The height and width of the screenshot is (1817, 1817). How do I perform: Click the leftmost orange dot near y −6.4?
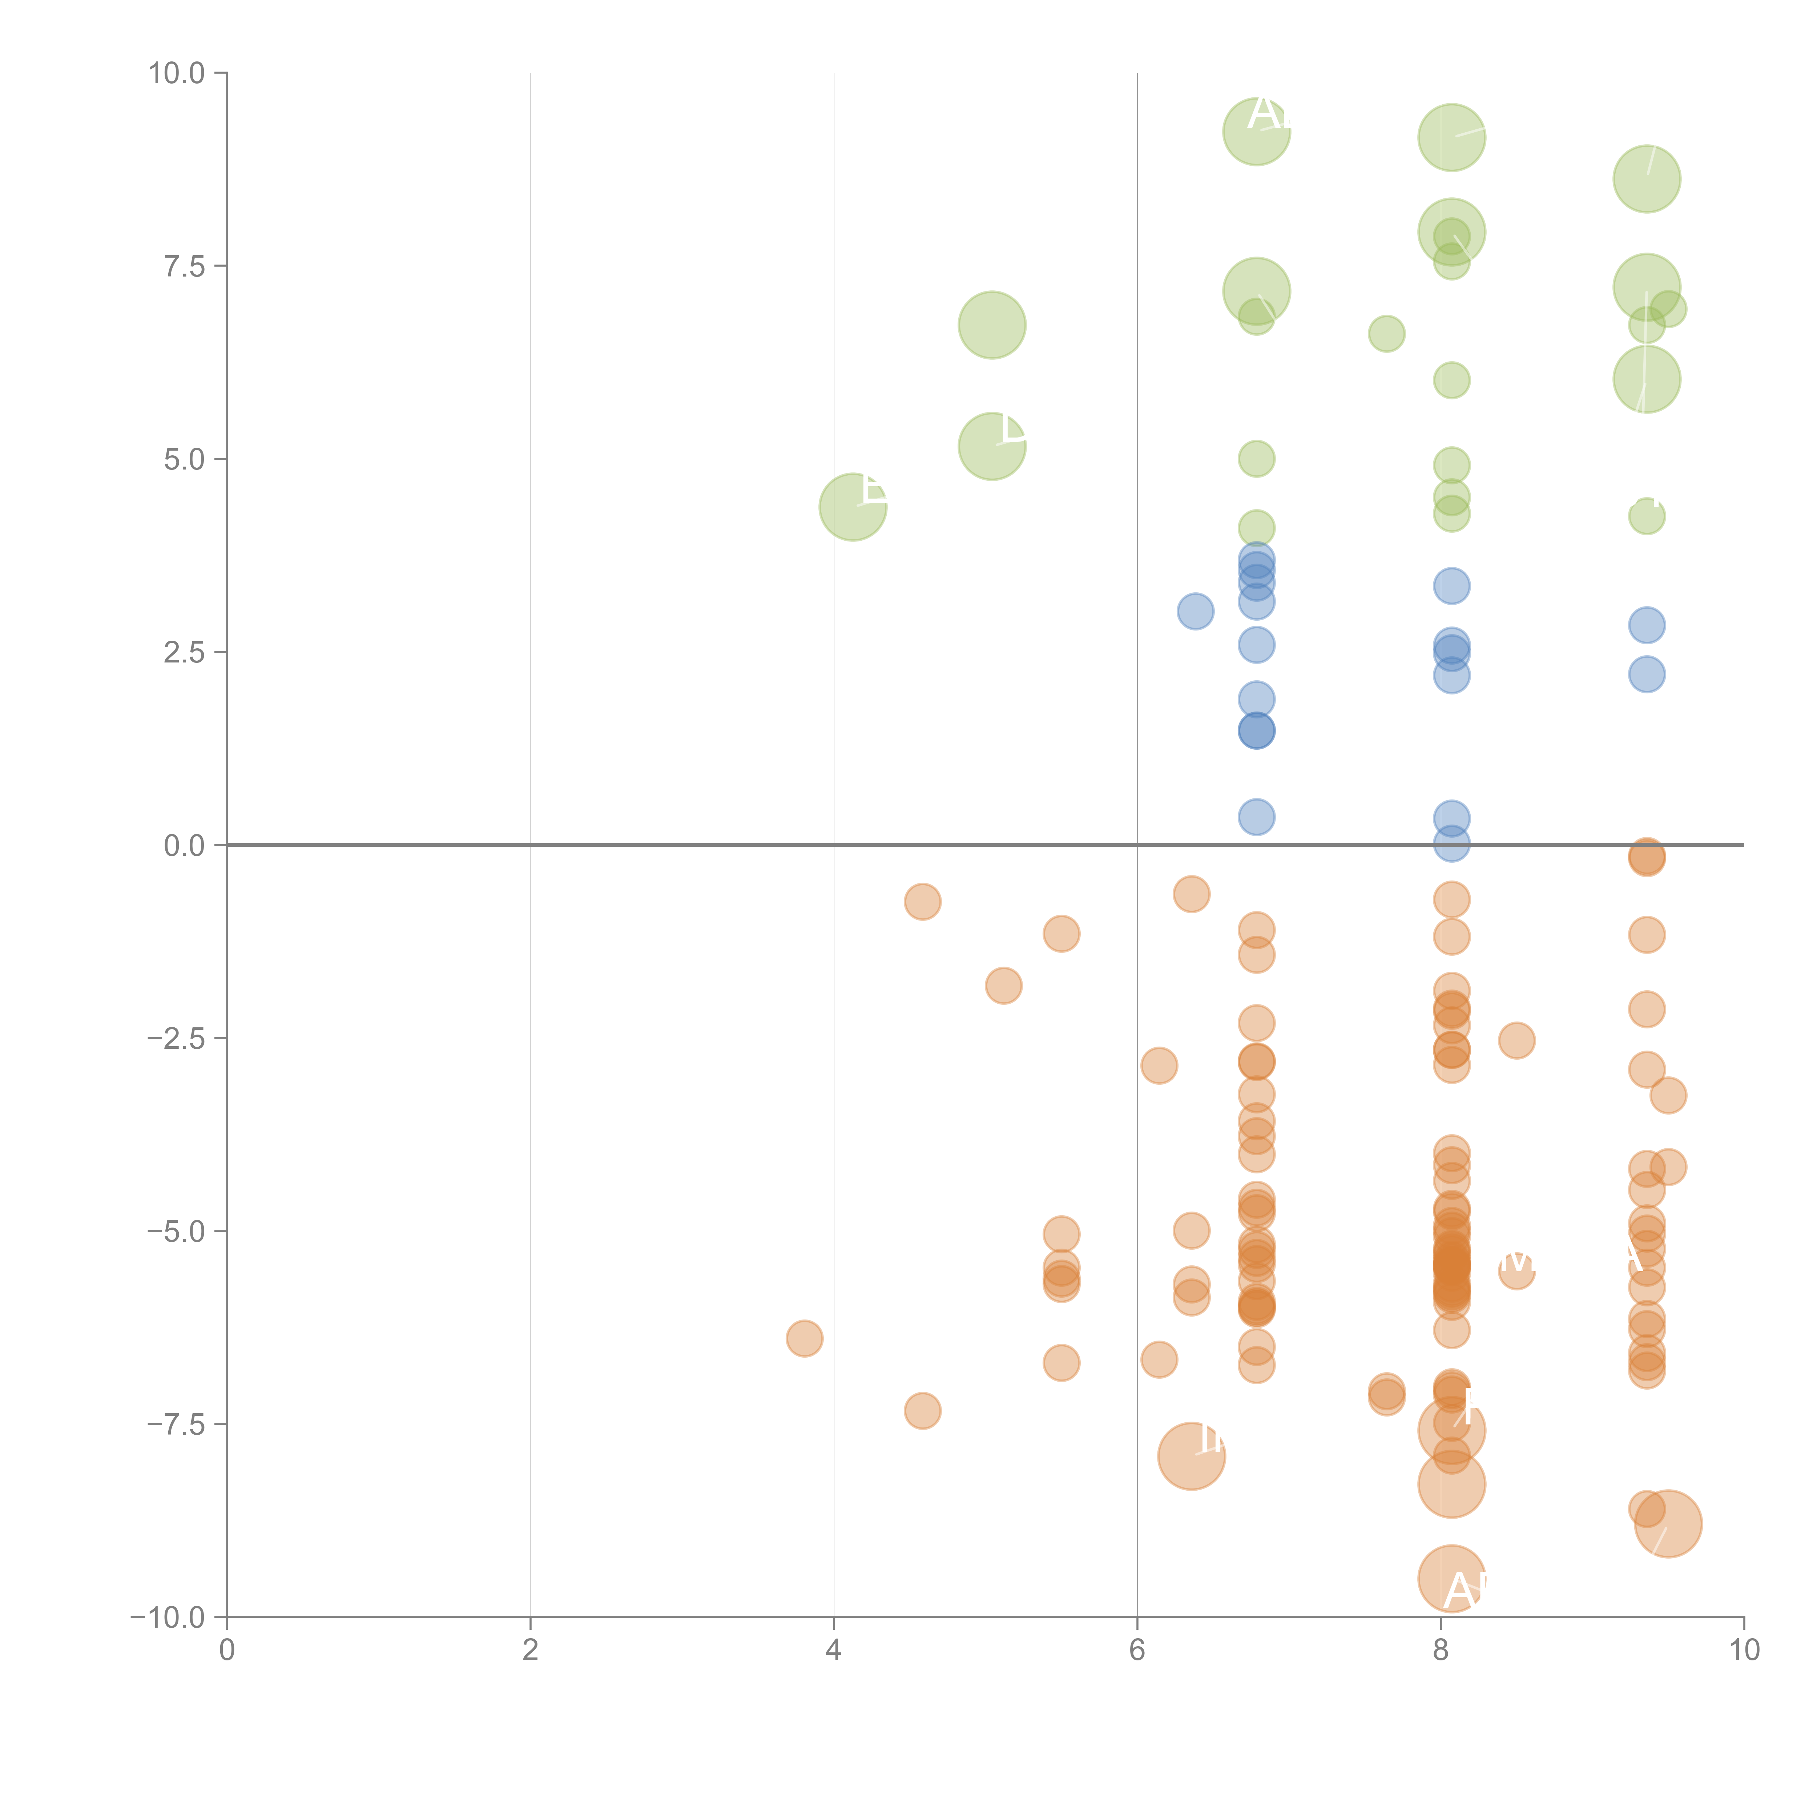tap(804, 1338)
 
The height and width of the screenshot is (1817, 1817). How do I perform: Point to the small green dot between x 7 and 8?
tap(1386, 334)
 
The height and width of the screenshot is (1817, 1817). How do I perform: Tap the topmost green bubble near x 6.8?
tap(1257, 132)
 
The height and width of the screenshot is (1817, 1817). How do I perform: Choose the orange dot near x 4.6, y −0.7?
tap(923, 902)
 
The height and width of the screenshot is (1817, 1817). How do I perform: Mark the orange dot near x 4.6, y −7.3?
tap(923, 1411)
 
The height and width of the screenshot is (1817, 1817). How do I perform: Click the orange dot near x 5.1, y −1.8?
tap(1003, 986)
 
